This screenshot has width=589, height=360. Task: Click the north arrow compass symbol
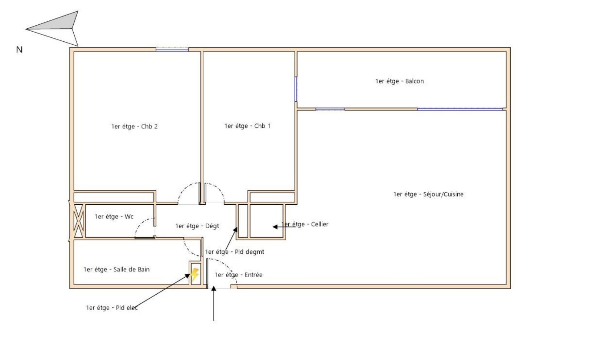(55, 28)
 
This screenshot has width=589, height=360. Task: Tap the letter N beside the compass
(19, 50)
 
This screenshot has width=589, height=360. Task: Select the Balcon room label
(400, 81)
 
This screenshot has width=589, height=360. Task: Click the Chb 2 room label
(134, 126)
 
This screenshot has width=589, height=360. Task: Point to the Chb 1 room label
(247, 126)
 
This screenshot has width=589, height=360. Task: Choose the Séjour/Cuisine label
(428, 194)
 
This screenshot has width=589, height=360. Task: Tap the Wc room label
(114, 217)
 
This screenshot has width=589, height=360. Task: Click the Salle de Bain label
(116, 270)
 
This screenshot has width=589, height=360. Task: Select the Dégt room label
(197, 226)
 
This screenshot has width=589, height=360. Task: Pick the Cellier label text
(305, 224)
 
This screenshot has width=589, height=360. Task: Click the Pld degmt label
(235, 252)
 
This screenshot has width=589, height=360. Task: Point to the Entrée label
(239, 275)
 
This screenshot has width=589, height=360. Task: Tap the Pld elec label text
(112, 308)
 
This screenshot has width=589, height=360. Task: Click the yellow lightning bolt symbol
(194, 275)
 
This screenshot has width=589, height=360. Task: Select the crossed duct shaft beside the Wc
(78, 221)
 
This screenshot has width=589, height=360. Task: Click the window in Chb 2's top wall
(172, 49)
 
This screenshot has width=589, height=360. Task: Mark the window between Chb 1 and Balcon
(296, 89)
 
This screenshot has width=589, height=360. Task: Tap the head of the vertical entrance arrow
(214, 289)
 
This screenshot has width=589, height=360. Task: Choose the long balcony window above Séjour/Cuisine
(460, 109)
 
